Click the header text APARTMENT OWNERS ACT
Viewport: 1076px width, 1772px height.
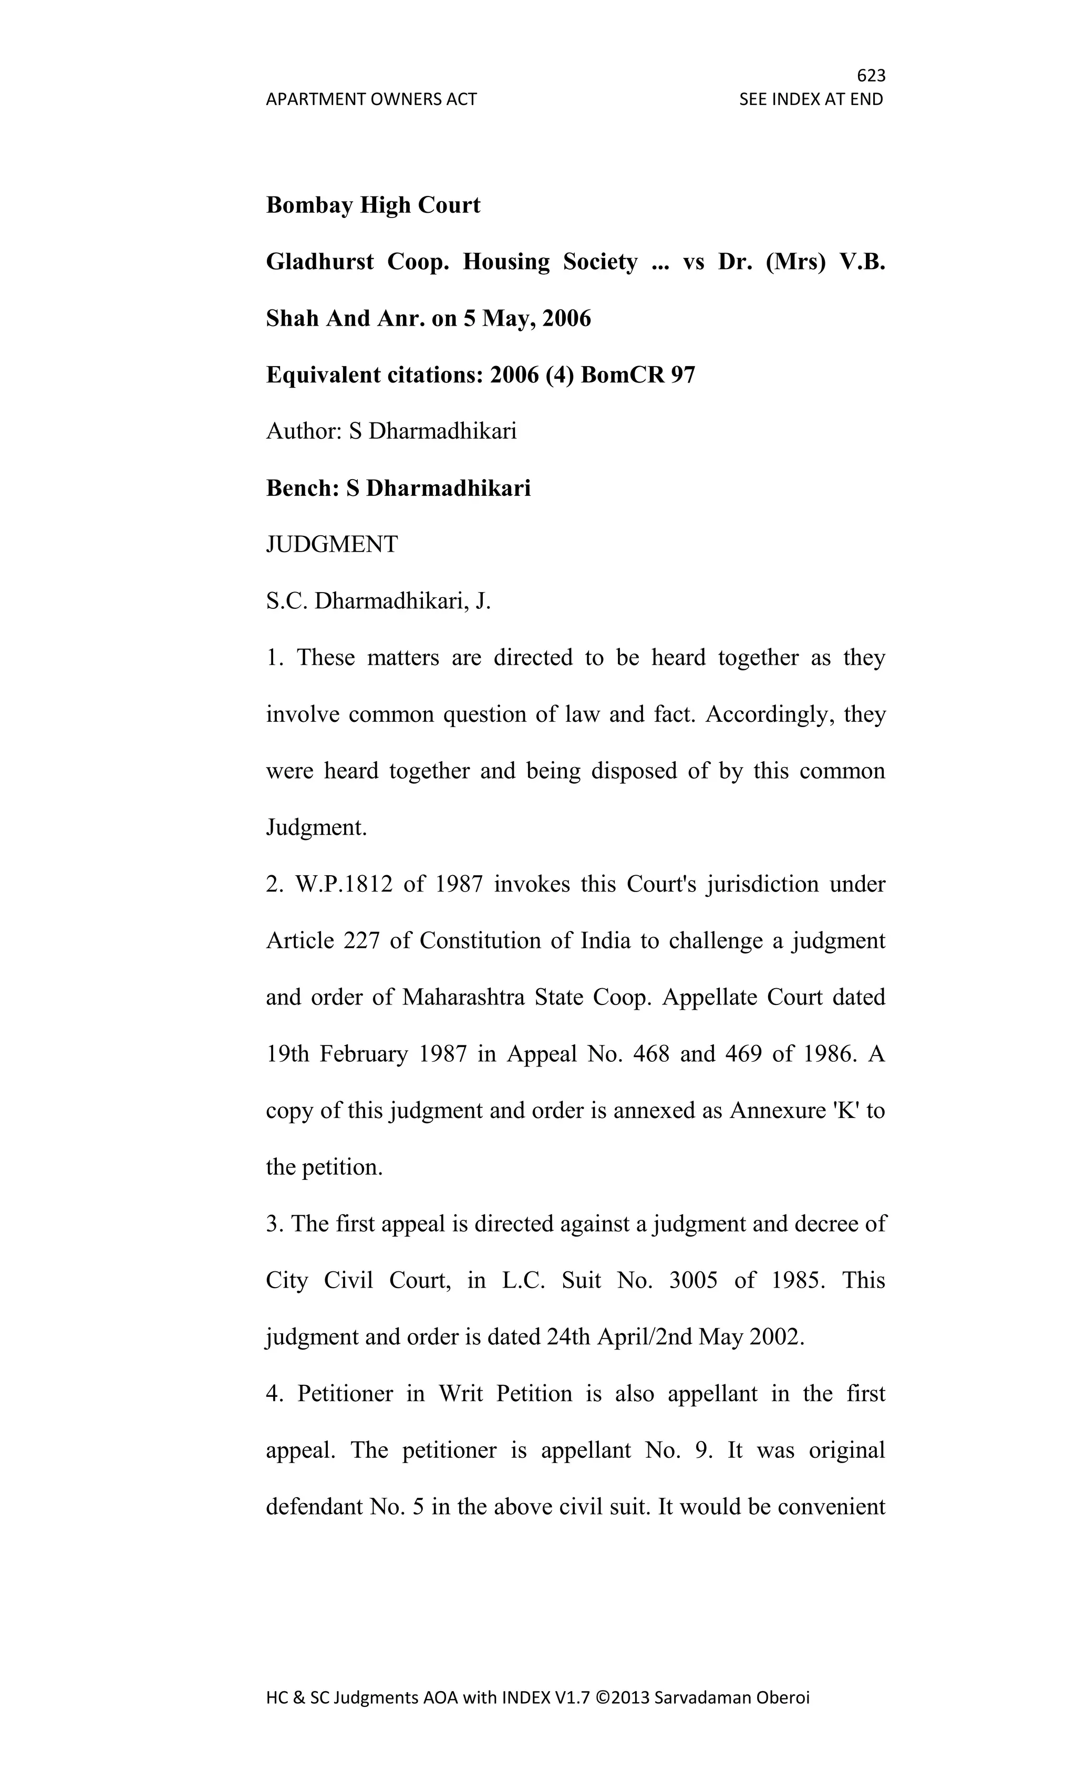371,99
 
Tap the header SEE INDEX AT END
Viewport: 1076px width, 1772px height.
811,99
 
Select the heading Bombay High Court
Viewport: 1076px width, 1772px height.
373,205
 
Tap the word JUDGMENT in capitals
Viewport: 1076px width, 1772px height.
332,544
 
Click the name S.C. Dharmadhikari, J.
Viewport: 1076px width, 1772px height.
378,601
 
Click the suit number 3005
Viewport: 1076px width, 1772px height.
692,1280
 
